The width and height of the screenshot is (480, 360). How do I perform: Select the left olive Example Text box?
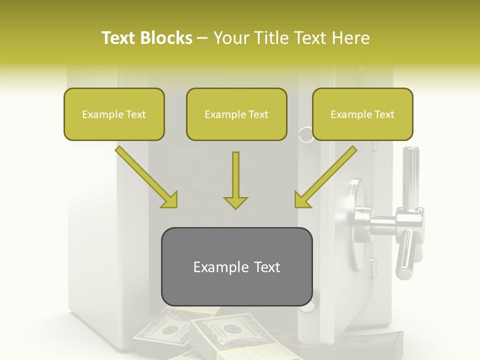114,114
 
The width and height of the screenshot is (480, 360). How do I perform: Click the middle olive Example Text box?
236,114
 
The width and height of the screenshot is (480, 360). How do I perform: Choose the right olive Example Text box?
362,114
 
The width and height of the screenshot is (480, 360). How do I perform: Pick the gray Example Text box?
236,266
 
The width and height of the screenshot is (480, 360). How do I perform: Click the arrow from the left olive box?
145,176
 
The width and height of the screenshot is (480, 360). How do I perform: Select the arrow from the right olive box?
326,176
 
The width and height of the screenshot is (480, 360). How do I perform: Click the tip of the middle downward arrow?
235,207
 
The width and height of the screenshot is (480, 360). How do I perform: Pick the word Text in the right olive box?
384,114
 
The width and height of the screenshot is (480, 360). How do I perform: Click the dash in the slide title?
202,38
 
